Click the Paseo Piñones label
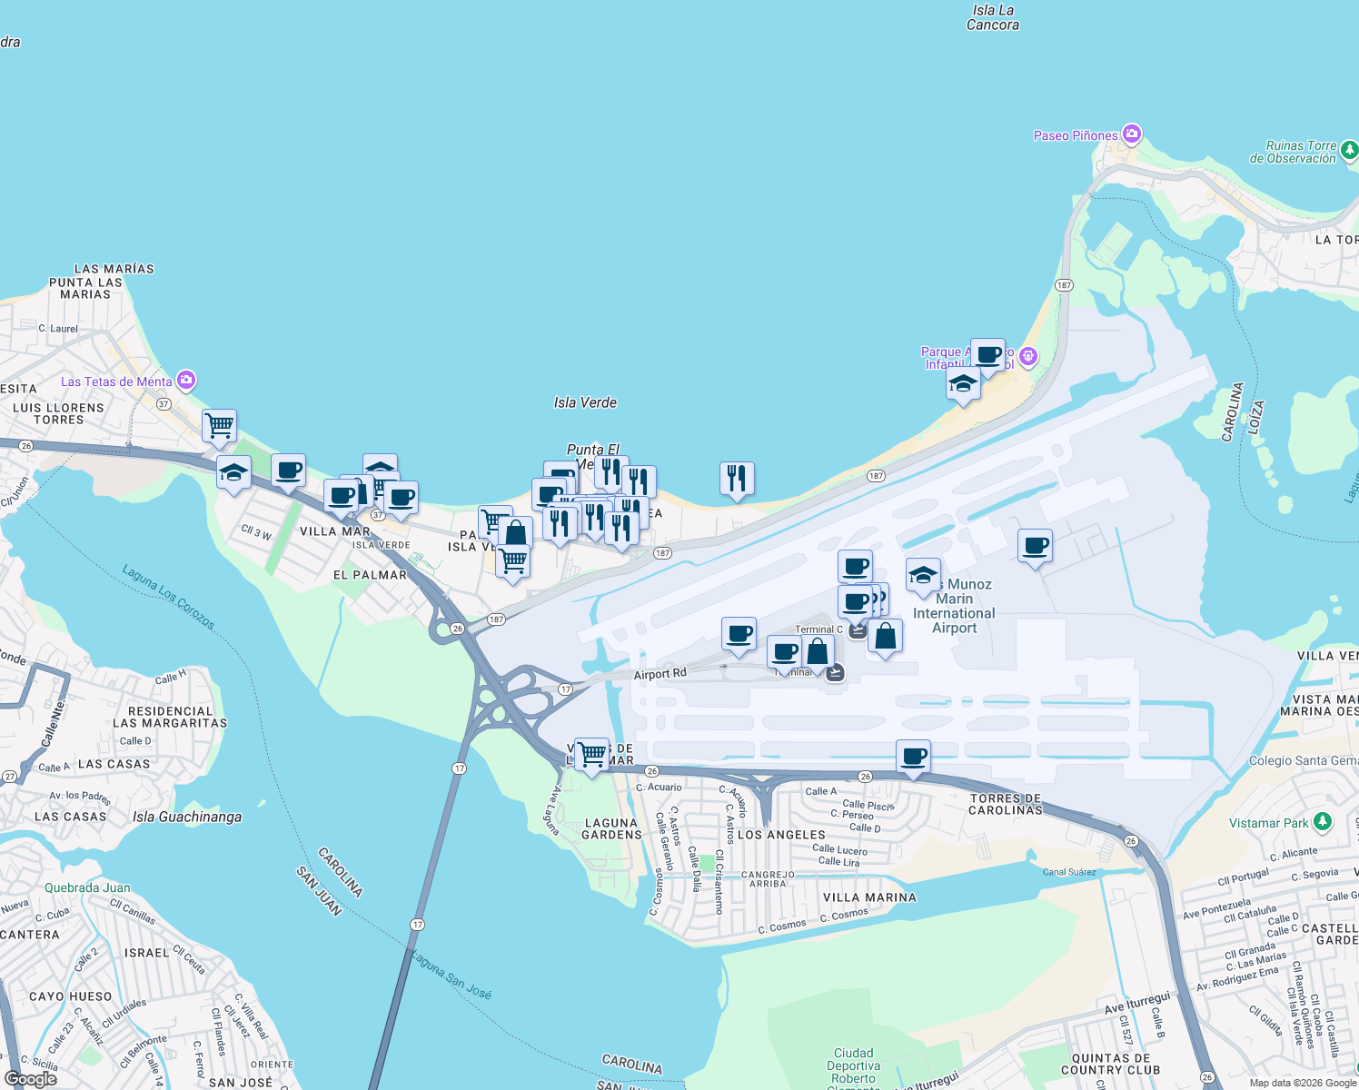pyautogui.click(x=1076, y=135)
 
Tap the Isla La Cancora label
pyautogui.click(x=992, y=17)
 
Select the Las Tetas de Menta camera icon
pyautogui.click(x=186, y=380)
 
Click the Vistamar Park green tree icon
pyautogui.click(x=1323, y=822)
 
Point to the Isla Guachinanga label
pyautogui.click(x=187, y=817)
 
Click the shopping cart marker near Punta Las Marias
pyautogui.click(x=220, y=425)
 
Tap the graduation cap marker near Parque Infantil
pyautogui.click(x=963, y=383)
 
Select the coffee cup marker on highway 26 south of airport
pyautogui.click(x=914, y=756)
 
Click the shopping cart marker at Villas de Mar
pyautogui.click(x=591, y=753)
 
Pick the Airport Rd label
pyautogui.click(x=660, y=674)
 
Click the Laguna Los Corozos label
pyautogui.click(x=169, y=597)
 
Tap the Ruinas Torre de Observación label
pyautogui.click(x=1293, y=152)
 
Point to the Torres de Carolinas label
pyautogui.click(x=1006, y=804)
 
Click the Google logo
pyautogui.click(x=31, y=1079)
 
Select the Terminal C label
pyautogui.click(x=818, y=629)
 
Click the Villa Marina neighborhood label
pyautogui.click(x=869, y=897)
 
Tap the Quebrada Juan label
pyautogui.click(x=87, y=887)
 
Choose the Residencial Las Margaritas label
pyautogui.click(x=170, y=717)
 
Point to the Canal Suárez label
pyautogui.click(x=1069, y=872)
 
